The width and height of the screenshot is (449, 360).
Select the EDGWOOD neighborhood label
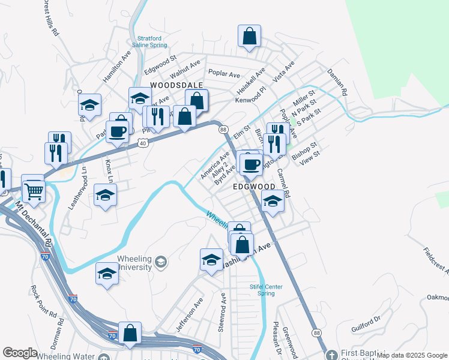point(253,187)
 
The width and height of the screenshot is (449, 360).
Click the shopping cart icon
point(34,191)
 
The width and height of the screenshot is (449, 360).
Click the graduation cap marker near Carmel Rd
point(273,202)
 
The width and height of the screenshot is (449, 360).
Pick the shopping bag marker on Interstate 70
point(130,332)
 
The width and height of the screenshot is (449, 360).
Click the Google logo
point(20,353)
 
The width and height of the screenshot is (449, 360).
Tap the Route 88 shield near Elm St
point(223,130)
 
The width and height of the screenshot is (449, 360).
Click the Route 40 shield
point(142,143)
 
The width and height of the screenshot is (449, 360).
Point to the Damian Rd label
point(337,83)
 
